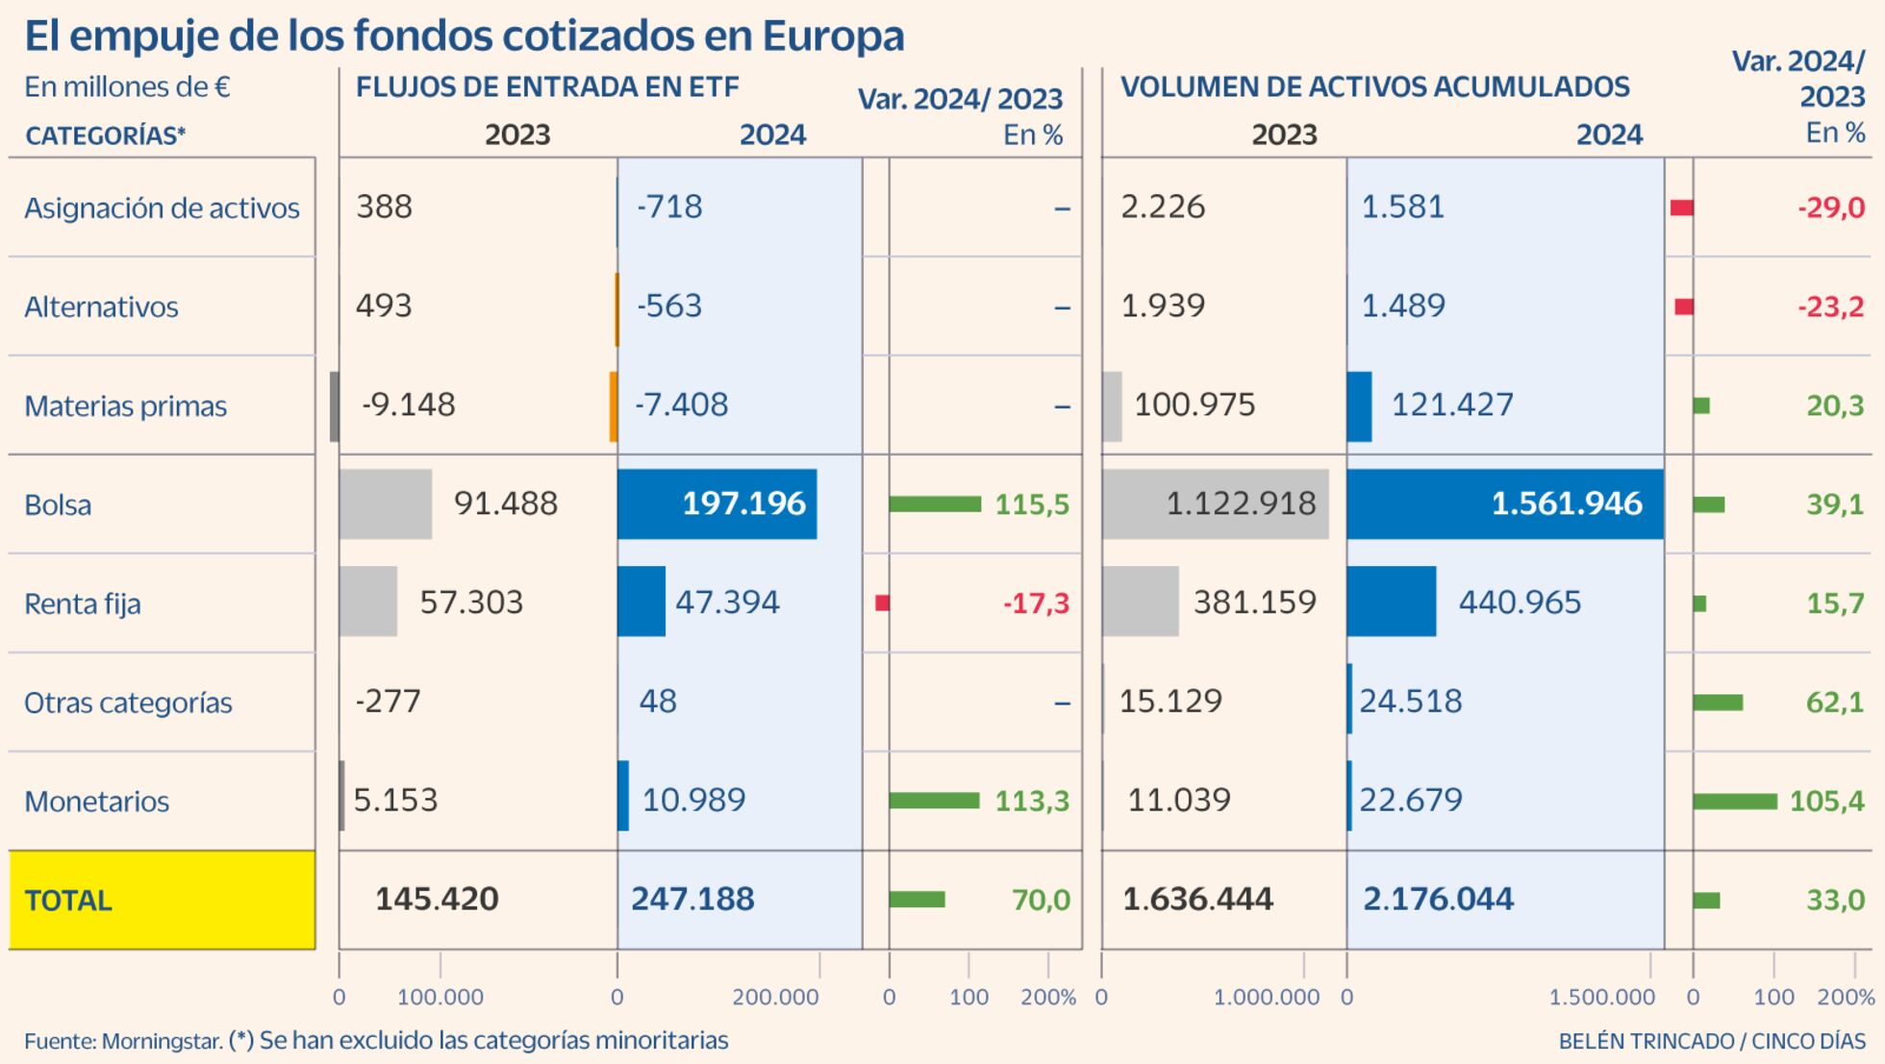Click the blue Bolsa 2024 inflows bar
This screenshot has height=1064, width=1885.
point(716,504)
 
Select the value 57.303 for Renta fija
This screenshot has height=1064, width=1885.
point(471,603)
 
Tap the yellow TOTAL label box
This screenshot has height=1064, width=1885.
point(162,900)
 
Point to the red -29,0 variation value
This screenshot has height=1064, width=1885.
point(1830,208)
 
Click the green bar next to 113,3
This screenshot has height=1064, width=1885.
point(934,800)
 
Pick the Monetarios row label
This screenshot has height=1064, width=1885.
point(96,801)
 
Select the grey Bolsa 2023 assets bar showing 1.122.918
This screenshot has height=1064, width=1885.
point(1215,504)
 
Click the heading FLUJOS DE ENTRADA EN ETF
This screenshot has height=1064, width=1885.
point(547,87)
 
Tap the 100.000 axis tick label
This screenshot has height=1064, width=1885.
point(440,998)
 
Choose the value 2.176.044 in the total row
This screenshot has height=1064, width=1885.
point(1438,900)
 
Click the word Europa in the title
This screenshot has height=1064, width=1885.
point(833,37)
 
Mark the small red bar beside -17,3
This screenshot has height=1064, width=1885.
point(882,603)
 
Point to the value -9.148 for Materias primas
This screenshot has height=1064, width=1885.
point(408,405)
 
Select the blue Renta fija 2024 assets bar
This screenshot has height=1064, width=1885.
point(1391,602)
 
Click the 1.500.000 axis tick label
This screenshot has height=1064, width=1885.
point(1601,998)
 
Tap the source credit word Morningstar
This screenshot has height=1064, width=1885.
point(162,1041)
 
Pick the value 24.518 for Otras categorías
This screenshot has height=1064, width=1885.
point(1410,701)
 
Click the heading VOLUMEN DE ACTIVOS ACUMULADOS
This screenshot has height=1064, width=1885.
point(1374,87)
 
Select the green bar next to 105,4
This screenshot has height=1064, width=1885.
point(1734,801)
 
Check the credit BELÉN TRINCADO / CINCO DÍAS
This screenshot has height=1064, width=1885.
point(1711,1041)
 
